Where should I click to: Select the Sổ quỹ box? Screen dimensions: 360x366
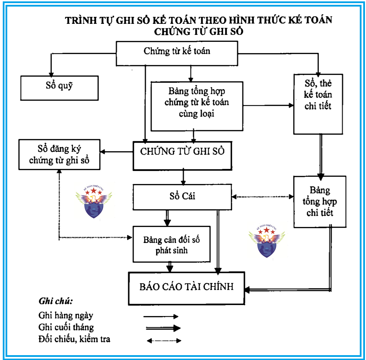click(60, 88)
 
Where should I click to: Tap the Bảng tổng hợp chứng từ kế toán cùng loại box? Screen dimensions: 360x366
click(197, 106)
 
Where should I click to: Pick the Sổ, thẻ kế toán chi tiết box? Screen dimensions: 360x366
click(318, 104)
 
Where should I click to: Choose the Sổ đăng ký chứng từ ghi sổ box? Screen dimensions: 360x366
click(60, 154)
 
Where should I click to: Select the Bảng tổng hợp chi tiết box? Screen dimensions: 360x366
click(320, 201)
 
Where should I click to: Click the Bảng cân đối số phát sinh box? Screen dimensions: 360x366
click(172, 244)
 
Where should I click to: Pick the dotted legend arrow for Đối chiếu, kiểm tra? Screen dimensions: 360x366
click(164, 340)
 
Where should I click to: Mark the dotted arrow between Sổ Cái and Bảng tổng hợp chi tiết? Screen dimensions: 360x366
click(263, 197)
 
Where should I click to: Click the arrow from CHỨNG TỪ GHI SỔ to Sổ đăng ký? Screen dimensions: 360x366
click(117, 152)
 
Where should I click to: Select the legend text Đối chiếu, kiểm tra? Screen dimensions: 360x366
click(75, 339)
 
